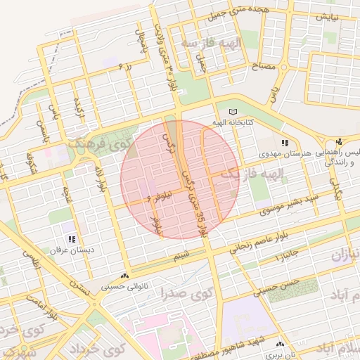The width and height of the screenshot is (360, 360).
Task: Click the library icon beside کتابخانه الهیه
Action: [233, 112]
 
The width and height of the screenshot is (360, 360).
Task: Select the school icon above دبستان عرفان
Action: [72, 240]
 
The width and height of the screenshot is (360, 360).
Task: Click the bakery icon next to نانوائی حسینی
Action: [125, 276]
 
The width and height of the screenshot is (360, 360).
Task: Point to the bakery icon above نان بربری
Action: [281, 345]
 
